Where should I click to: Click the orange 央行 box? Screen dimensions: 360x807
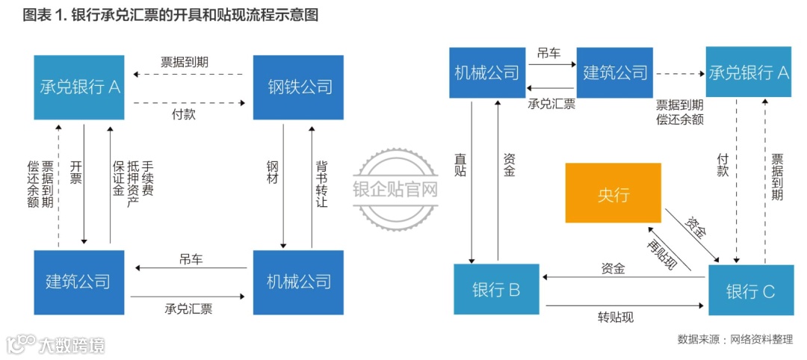(613, 193)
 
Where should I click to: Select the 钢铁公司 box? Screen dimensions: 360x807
(298, 87)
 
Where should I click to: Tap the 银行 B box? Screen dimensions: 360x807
(496, 289)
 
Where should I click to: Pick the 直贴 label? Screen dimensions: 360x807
(461, 166)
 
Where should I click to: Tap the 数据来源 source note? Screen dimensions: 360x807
(735, 339)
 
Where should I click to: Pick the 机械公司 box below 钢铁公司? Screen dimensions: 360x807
(298, 282)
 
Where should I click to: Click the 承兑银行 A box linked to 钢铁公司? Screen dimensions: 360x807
(79, 87)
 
